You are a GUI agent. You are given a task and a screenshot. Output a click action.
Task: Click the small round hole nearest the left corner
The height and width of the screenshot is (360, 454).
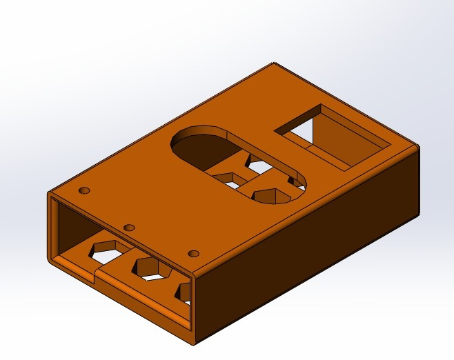click(x=85, y=190)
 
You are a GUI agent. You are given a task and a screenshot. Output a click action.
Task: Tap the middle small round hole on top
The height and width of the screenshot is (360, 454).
click(x=129, y=227)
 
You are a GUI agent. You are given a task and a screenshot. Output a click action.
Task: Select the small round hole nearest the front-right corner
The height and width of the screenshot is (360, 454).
click(x=193, y=254)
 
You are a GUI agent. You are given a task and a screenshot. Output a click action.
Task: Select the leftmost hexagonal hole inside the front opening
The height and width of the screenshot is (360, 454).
click(x=108, y=252)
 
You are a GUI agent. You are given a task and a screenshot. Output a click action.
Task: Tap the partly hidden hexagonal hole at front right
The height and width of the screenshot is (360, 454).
click(x=184, y=292)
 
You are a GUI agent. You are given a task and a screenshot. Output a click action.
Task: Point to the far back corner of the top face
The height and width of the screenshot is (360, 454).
click(x=275, y=64)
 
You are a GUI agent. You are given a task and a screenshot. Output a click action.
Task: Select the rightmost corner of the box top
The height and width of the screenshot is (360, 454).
click(x=418, y=146)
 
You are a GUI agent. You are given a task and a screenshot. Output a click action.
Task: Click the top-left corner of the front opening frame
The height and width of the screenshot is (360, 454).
click(x=49, y=195)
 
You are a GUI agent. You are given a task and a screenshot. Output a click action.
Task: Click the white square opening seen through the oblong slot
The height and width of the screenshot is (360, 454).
click(x=258, y=166)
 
